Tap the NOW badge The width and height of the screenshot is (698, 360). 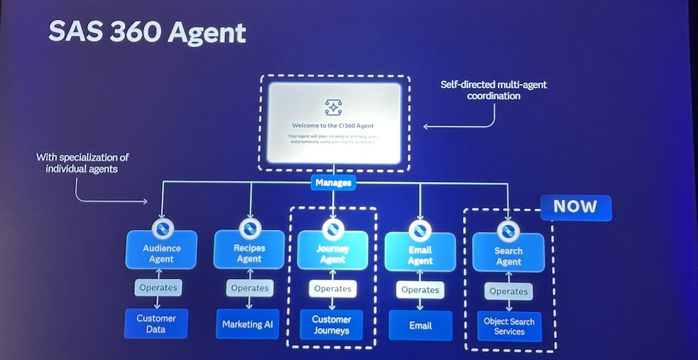point(575,207)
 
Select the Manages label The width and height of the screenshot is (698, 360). point(333,183)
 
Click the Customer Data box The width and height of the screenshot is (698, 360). point(156,324)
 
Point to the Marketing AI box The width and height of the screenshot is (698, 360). point(247,324)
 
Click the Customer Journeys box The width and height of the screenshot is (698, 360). point(331,325)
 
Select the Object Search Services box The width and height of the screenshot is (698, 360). point(509,326)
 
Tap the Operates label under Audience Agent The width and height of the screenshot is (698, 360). point(158,288)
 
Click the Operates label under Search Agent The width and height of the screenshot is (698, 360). point(509,291)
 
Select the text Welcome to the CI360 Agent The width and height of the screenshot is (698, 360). point(333,125)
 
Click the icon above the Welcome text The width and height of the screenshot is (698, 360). point(333,106)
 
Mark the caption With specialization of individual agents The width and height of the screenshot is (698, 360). point(82,162)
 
